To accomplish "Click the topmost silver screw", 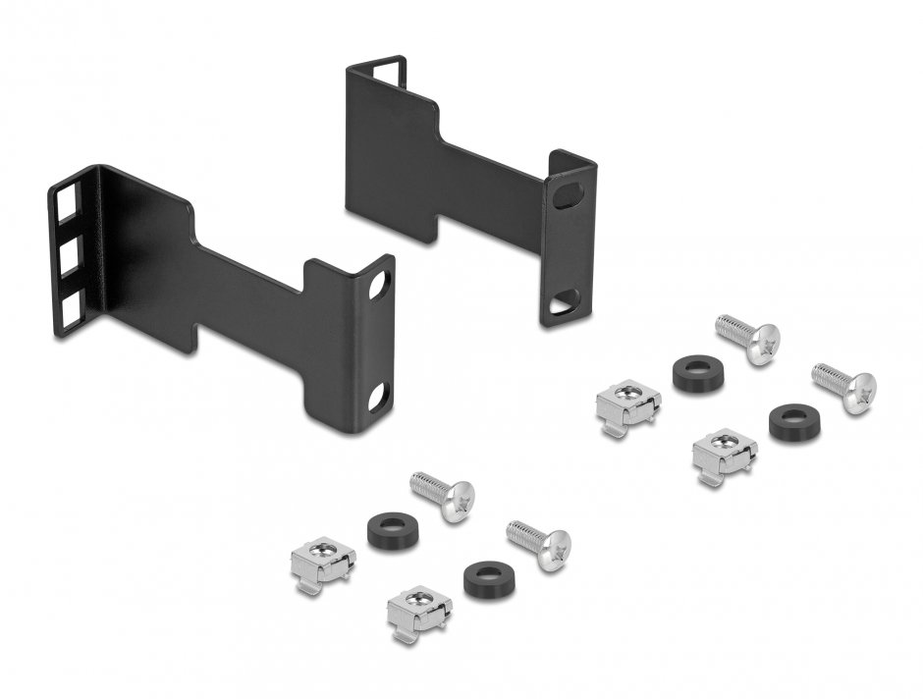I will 749,338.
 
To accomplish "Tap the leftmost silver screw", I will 443,494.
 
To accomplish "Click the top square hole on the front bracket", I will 68,209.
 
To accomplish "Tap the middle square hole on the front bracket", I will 70,260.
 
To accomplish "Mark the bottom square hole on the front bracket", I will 73,311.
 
